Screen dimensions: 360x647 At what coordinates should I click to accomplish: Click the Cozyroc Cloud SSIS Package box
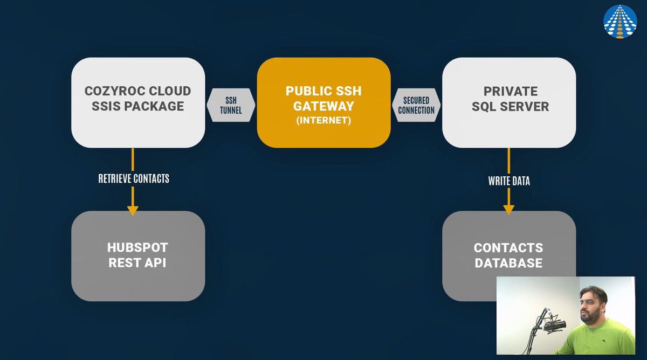pyautogui.click(x=137, y=102)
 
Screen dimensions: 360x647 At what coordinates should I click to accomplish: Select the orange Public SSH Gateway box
pyautogui.click(x=323, y=102)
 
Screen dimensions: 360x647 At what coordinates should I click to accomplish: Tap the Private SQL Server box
pyautogui.click(x=509, y=102)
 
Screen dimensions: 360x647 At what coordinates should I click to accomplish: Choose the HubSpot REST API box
pyautogui.click(x=137, y=255)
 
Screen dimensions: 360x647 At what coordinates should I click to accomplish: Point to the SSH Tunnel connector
pyautogui.click(x=231, y=105)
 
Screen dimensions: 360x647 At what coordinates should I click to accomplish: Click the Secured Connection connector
pyautogui.click(x=416, y=105)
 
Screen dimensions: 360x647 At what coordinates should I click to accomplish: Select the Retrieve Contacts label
pyautogui.click(x=134, y=178)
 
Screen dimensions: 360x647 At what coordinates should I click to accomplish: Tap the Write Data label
pyautogui.click(x=509, y=181)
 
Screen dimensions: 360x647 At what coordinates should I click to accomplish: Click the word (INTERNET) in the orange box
pyautogui.click(x=323, y=121)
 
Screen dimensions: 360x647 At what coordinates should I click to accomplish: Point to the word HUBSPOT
pyautogui.click(x=137, y=248)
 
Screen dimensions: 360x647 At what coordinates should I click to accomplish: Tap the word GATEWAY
pyautogui.click(x=323, y=106)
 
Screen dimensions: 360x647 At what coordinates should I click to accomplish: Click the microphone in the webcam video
pyautogui.click(x=554, y=326)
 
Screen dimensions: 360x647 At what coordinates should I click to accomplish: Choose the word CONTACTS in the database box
pyautogui.click(x=508, y=248)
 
